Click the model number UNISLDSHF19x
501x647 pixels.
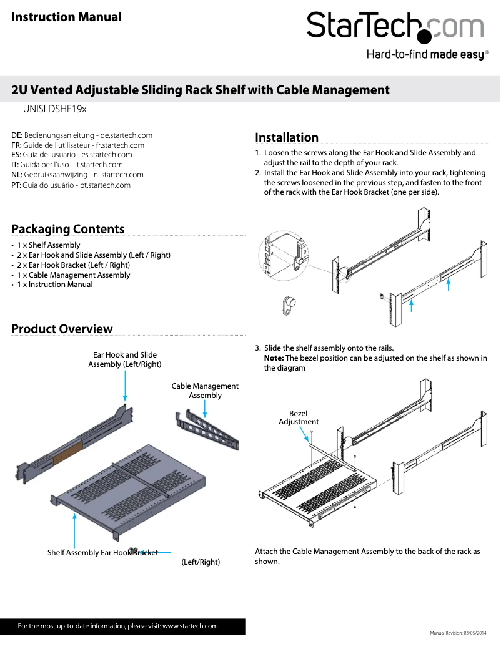[54, 109]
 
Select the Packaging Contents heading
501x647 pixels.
[67, 229]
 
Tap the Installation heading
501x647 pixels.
[287, 137]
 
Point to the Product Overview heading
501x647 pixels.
[62, 329]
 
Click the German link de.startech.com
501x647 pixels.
[127, 135]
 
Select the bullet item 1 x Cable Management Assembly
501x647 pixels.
[73, 275]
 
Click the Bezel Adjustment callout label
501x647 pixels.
[298, 417]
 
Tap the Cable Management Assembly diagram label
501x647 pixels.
[205, 391]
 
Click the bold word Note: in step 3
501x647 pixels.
[274, 358]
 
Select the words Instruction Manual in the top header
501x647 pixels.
[66, 17]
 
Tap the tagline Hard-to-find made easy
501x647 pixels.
[425, 55]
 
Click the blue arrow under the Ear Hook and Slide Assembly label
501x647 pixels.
[125, 384]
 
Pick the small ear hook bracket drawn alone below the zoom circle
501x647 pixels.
[288, 305]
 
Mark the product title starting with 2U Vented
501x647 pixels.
[201, 90]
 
